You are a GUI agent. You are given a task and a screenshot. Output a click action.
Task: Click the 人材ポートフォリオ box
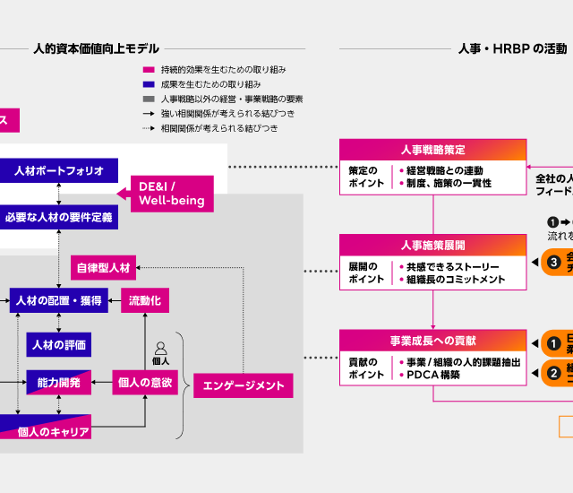59,170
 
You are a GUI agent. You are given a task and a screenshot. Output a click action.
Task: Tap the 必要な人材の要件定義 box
59,217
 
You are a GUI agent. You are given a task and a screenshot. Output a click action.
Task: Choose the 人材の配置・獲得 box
59,300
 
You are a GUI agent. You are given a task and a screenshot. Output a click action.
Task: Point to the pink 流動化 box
145,300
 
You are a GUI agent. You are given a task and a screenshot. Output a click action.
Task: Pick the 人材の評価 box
59,344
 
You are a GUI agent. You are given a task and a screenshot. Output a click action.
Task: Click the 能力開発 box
59,383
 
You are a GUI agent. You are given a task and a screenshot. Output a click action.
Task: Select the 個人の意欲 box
144,383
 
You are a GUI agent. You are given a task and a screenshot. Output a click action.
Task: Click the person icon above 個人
161,348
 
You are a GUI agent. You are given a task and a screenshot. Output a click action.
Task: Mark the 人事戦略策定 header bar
432,149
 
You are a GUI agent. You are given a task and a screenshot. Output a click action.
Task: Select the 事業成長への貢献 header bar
432,341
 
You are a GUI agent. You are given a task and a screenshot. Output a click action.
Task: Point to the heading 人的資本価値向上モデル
95,48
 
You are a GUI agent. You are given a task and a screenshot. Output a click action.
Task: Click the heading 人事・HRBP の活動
512,48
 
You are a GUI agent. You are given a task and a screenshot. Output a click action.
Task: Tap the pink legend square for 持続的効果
148,70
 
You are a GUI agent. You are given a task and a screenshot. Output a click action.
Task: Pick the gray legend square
148,99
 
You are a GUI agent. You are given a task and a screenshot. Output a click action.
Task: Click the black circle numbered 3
554,262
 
